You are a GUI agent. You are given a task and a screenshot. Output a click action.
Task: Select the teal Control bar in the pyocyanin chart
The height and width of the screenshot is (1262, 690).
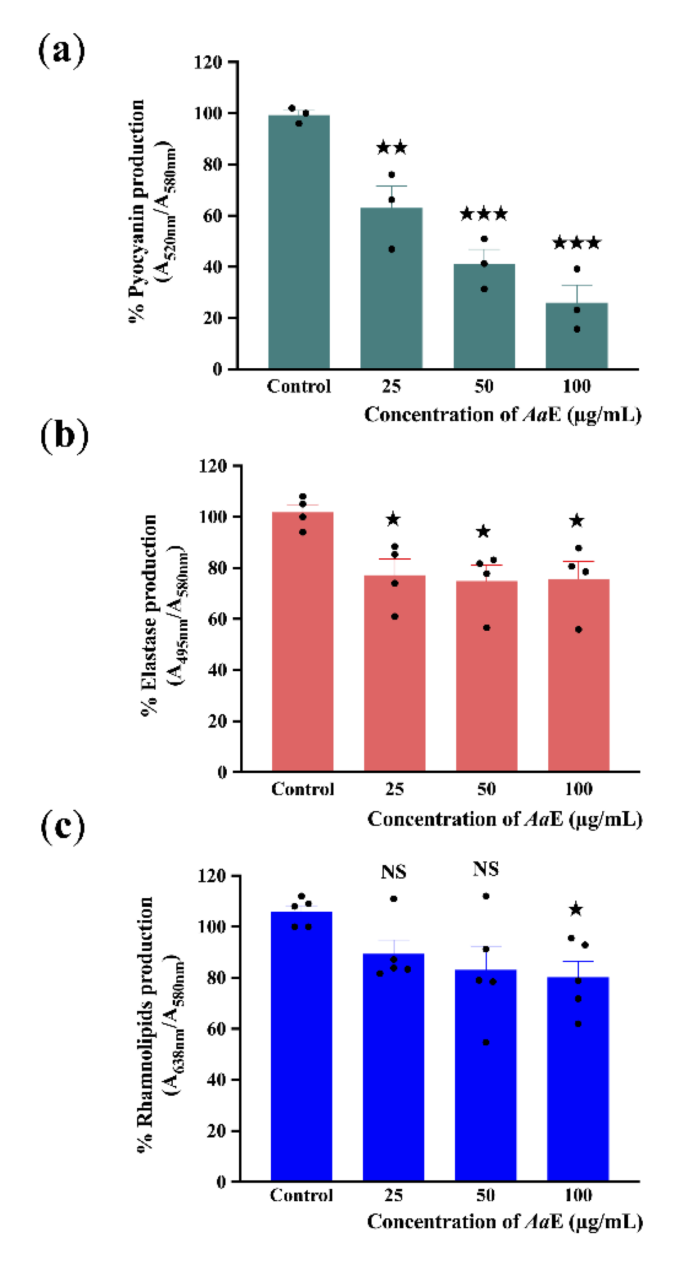pyautogui.click(x=299, y=242)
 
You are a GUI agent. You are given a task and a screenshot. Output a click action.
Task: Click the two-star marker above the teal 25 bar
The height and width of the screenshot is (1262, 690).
pyautogui.click(x=392, y=147)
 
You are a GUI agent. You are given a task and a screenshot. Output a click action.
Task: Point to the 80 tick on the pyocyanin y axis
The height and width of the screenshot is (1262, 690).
pyautogui.click(x=212, y=165)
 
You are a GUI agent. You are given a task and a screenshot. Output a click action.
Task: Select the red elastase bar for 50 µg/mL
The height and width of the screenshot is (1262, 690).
pyautogui.click(x=487, y=676)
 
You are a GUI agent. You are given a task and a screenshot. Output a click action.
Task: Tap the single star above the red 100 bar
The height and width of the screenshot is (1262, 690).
pyautogui.click(x=577, y=521)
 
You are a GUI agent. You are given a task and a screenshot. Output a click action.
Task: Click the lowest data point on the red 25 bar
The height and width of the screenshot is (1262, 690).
pyautogui.click(x=394, y=616)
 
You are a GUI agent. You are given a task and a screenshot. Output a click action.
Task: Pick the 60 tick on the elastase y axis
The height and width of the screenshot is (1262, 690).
pyautogui.click(x=217, y=619)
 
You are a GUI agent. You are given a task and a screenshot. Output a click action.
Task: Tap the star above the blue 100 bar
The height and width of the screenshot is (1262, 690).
pyautogui.click(x=576, y=910)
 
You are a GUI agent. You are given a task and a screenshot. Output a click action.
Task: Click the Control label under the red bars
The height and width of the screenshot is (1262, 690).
pyautogui.click(x=302, y=789)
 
